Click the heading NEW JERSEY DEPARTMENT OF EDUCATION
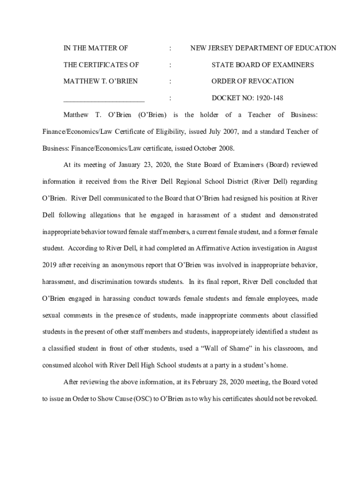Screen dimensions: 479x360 pyautogui.click(x=263, y=48)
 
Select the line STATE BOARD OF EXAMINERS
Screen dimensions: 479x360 pyautogui.click(x=262, y=65)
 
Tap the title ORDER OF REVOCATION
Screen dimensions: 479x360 pyautogui.click(x=252, y=81)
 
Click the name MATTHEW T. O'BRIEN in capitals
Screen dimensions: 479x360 pyautogui.click(x=101, y=81)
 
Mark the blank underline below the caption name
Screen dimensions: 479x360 pyautogui.click(x=104, y=100)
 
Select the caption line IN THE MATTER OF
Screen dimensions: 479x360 pyautogui.click(x=96, y=48)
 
